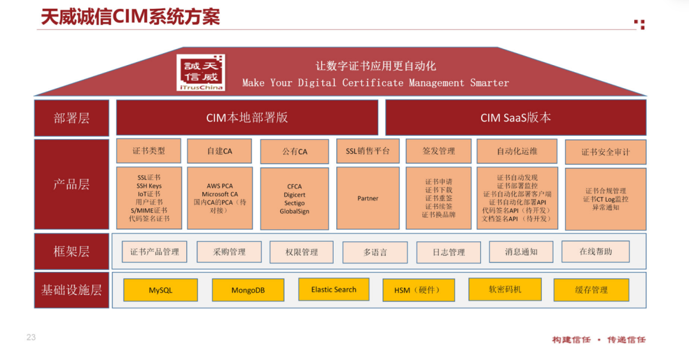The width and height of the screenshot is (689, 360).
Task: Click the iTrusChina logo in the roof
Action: [201, 73]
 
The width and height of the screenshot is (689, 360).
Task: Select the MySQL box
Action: [160, 290]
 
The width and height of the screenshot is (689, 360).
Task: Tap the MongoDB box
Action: [248, 290]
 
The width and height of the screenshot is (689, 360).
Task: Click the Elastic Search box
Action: [334, 289]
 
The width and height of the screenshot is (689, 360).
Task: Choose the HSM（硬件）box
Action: [419, 290]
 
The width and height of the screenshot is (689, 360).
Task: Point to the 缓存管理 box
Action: [591, 290]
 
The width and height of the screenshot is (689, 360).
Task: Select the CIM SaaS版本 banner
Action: [515, 117]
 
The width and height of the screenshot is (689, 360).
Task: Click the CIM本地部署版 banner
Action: [247, 117]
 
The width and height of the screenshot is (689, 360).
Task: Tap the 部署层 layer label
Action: [71, 118]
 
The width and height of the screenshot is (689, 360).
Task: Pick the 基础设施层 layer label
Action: [71, 290]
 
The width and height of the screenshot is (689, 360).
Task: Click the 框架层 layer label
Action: [71, 251]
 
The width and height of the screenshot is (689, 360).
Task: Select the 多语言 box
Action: [375, 252]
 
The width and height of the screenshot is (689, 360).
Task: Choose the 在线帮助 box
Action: [595, 251]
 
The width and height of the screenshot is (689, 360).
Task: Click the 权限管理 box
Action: [301, 252]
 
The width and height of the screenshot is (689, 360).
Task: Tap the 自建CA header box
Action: [219, 151]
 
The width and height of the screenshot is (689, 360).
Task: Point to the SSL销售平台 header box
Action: [368, 151]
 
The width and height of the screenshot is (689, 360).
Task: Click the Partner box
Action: [368, 199]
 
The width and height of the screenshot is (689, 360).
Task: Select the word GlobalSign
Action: [294, 211]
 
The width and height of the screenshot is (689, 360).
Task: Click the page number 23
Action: [31, 337]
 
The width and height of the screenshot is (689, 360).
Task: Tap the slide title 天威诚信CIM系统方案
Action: [131, 17]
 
